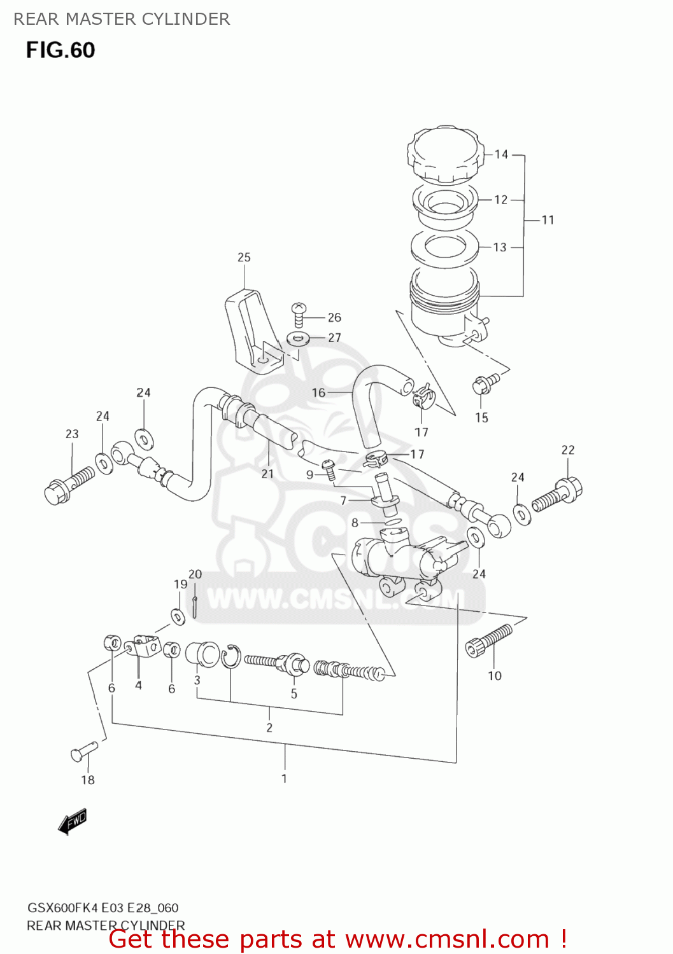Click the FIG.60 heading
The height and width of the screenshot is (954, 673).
60,50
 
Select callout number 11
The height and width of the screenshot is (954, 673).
548,220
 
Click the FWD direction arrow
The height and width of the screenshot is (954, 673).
72,822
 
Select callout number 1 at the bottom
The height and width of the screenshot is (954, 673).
284,778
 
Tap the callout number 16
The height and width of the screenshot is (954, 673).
318,393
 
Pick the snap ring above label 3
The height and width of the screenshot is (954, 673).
231,656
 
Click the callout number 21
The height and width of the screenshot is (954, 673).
267,474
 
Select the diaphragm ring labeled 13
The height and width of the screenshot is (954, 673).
444,247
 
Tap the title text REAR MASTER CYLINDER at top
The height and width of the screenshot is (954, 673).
122,19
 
